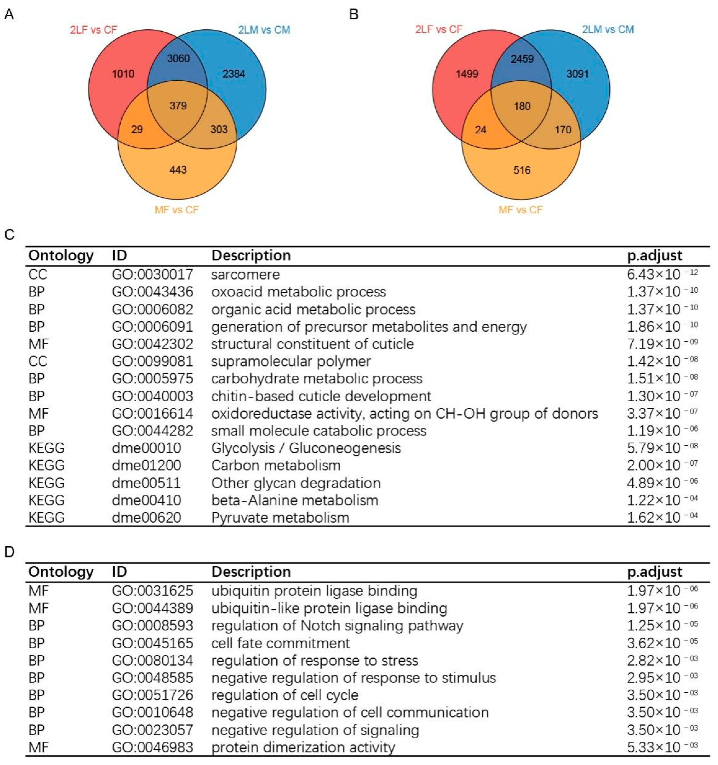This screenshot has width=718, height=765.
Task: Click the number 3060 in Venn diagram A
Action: (178, 58)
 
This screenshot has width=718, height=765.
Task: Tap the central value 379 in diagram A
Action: (178, 105)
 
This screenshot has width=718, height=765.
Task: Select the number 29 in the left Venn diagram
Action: (137, 129)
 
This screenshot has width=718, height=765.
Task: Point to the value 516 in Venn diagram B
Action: (522, 170)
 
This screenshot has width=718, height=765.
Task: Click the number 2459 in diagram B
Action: (522, 59)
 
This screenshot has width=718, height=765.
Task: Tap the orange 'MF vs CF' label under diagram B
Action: (520, 210)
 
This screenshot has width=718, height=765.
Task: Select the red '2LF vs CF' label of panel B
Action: (439, 29)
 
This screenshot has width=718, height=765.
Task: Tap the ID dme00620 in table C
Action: (146, 517)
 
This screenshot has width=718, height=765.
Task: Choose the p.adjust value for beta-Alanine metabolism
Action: (662, 500)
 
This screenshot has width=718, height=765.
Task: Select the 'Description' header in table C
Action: (251, 255)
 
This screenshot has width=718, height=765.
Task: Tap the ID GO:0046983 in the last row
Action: (152, 747)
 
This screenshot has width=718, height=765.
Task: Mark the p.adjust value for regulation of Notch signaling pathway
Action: (662, 626)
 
